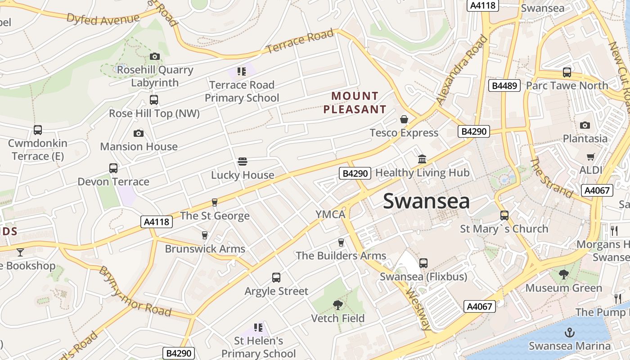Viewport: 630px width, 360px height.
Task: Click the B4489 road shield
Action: (504, 85)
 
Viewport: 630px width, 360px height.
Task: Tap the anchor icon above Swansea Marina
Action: (570, 333)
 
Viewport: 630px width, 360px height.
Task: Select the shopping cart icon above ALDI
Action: (590, 157)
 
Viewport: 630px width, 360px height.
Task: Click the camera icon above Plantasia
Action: (585, 125)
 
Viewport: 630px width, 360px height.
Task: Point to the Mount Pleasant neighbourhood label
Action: (355, 103)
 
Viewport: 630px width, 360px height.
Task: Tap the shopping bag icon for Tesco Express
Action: (404, 120)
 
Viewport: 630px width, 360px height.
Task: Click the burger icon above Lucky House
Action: (242, 162)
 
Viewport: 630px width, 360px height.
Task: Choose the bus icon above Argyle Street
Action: (276, 278)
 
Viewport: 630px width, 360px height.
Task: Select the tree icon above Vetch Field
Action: (338, 305)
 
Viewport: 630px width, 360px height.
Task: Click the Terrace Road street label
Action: (300, 41)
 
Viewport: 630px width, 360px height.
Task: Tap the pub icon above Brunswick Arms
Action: (205, 235)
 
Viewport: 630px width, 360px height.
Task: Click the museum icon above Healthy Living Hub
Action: (422, 159)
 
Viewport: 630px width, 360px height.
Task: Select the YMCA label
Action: (330, 215)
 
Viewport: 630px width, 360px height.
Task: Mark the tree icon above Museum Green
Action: (563, 274)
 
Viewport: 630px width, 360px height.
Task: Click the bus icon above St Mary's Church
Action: (504, 216)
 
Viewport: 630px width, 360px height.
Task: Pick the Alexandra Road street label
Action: (462, 70)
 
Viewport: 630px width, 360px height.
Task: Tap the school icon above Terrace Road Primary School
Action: (242, 71)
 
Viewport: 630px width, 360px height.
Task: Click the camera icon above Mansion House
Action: (139, 133)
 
